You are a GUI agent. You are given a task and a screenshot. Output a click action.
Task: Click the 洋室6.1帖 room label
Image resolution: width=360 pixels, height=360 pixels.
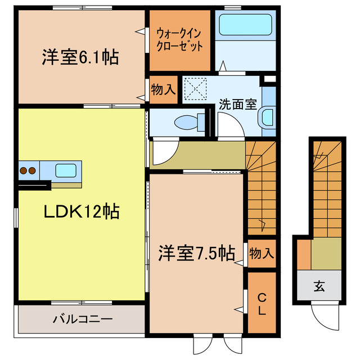click(79, 57)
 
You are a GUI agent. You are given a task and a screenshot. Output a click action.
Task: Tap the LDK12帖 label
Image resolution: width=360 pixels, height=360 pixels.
click(82, 212)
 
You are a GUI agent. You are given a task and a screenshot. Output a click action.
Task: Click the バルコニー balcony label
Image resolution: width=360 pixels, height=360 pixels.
click(83, 319)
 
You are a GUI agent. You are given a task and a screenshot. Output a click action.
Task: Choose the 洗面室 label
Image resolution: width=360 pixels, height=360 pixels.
click(237, 104)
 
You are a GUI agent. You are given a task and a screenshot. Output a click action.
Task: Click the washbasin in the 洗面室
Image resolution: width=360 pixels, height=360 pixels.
click(266, 117)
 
